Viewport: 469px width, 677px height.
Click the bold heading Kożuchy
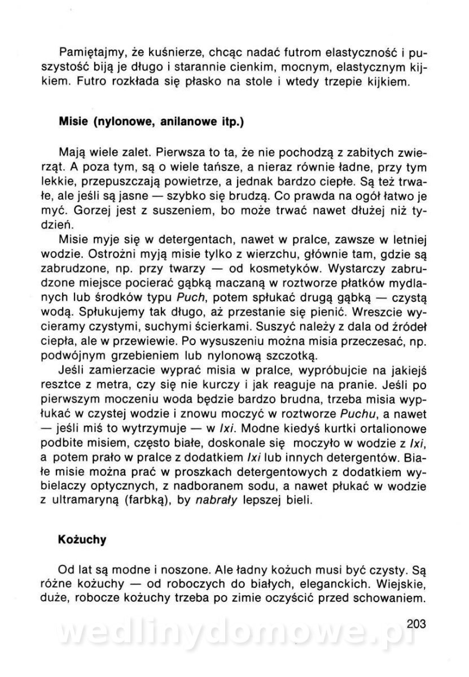coord(82,539)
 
